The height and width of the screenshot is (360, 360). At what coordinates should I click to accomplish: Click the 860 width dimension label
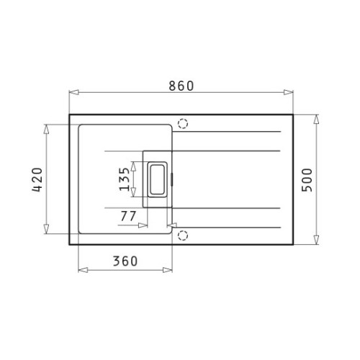pos(181,86)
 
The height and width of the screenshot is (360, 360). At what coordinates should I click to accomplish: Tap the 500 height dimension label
pos(307,180)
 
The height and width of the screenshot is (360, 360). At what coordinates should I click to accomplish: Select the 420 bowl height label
pos(37,180)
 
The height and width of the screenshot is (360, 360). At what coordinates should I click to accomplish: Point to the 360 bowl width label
pos(125,261)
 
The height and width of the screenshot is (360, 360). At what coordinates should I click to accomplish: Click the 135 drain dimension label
pos(125,179)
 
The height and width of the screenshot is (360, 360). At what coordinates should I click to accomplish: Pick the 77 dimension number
pos(128,216)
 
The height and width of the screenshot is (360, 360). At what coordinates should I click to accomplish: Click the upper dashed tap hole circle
pos(183,124)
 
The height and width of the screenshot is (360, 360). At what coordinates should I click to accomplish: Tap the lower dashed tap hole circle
pos(183,235)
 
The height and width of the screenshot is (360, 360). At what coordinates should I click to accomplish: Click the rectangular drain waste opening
pos(158,179)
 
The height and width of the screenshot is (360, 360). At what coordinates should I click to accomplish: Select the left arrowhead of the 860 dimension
pos(74,92)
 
